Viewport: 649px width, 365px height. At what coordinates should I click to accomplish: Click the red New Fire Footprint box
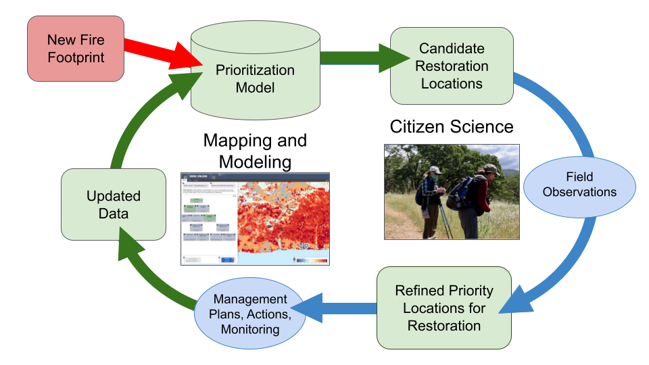76,49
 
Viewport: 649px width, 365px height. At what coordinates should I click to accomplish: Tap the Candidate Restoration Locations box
451,66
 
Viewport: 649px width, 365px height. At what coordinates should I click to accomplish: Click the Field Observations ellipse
579,183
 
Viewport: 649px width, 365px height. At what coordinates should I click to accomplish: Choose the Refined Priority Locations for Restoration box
443,308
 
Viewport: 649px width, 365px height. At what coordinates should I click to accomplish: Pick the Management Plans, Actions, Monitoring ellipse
250,314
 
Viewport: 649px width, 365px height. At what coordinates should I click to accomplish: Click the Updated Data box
113,205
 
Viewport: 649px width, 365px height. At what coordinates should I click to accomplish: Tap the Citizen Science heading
452,126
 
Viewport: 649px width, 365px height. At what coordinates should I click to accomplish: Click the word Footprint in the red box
76,57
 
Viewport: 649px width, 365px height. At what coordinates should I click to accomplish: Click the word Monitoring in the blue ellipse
250,330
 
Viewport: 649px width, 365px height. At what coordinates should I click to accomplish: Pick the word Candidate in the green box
452,49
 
